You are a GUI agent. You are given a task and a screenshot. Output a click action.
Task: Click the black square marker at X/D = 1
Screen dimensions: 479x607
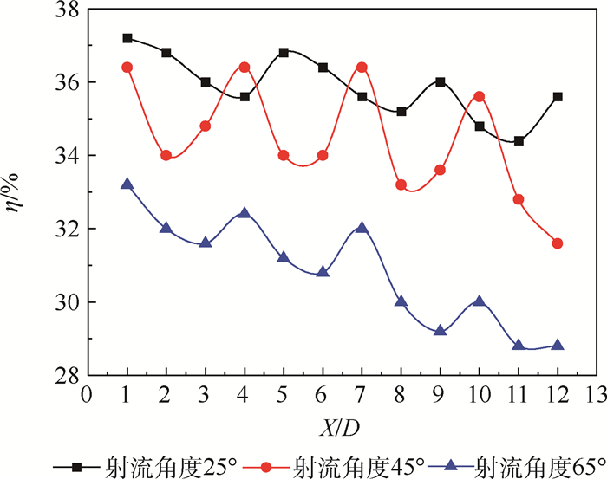tap(127, 38)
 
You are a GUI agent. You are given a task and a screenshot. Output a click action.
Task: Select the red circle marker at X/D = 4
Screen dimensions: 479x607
tap(245, 67)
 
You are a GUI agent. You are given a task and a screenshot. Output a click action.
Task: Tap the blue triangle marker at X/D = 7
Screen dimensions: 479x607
tap(362, 228)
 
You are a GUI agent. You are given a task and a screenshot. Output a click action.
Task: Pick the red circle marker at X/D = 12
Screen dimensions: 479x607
tap(558, 243)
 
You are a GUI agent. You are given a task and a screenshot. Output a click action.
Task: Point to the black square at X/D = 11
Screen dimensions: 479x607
tap(519, 140)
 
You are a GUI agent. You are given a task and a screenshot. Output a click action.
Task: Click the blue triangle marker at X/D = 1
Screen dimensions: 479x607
tap(127, 184)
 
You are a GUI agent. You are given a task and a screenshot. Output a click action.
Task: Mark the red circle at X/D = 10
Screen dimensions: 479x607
tap(479, 96)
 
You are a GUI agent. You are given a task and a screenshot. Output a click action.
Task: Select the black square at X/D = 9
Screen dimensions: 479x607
tap(441, 81)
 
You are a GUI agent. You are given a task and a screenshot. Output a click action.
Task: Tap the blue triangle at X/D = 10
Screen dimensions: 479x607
tap(479, 301)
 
